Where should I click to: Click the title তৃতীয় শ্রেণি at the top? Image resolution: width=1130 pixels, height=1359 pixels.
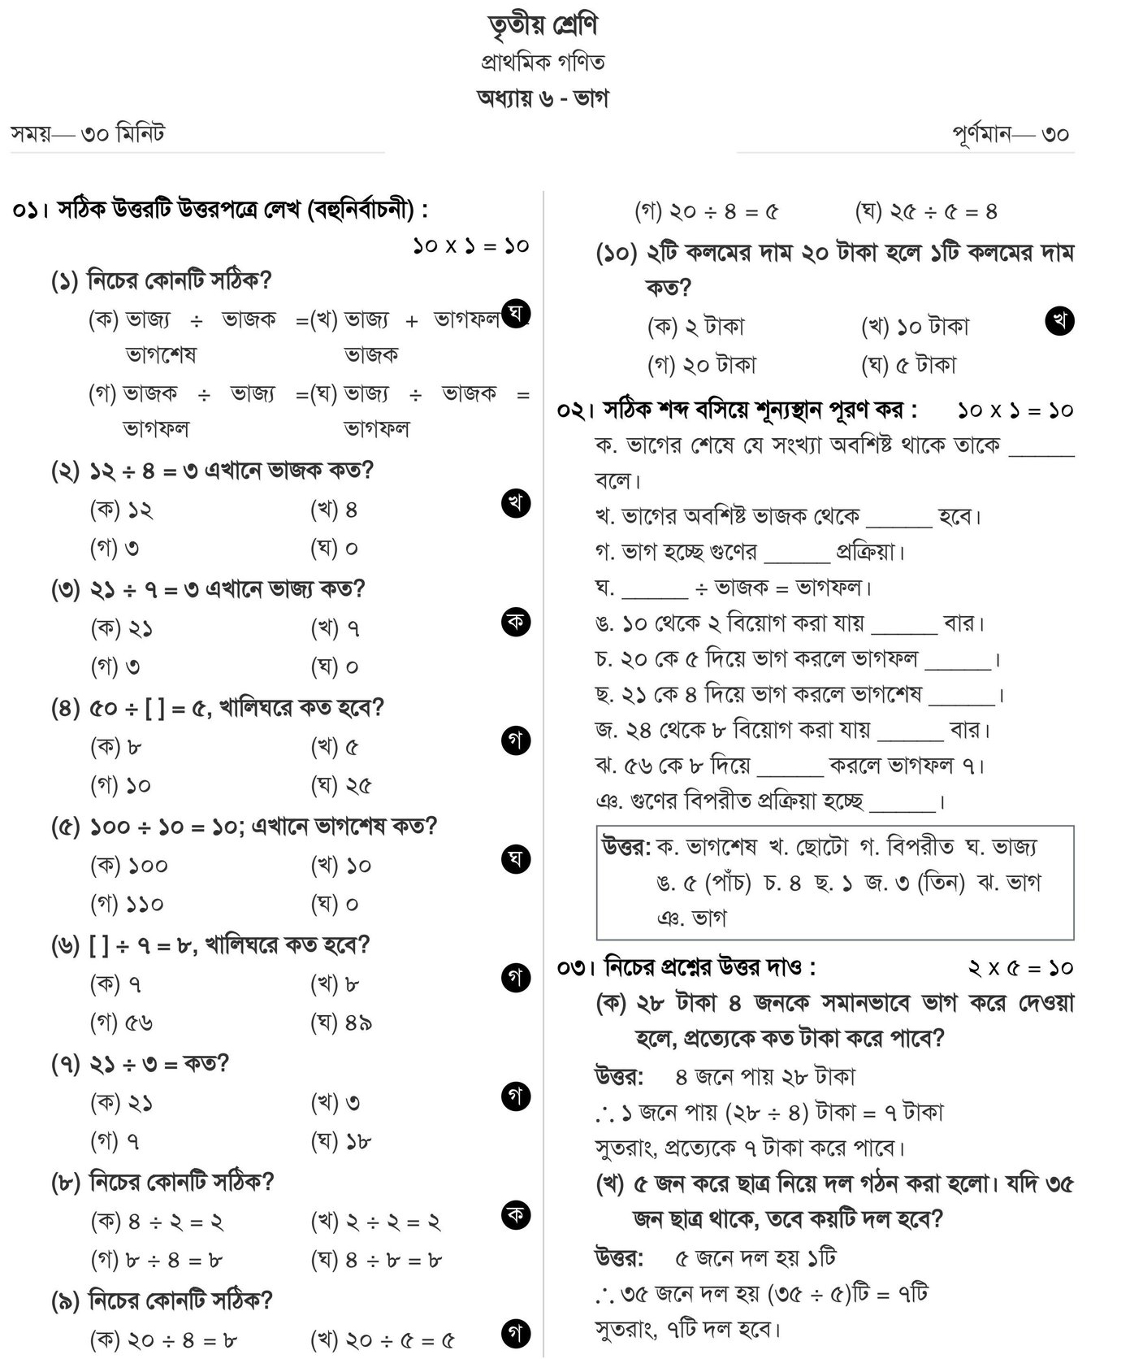point(543,25)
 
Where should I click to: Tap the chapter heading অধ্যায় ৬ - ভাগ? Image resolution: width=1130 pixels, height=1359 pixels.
point(542,98)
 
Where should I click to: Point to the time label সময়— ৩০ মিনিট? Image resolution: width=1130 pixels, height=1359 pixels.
point(88,132)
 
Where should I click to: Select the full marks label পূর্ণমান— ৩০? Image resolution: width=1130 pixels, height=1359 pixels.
point(1011,133)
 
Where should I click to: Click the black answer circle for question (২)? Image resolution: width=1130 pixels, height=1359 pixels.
point(516,503)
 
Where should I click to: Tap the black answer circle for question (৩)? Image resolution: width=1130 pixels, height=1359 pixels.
point(516,622)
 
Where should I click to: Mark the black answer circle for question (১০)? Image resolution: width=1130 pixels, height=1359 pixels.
point(1059,320)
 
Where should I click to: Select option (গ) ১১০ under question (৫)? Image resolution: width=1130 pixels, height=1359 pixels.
point(127,904)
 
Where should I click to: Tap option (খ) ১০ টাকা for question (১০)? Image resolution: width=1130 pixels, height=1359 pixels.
point(915,327)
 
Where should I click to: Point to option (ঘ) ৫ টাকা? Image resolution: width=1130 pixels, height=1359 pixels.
point(908,365)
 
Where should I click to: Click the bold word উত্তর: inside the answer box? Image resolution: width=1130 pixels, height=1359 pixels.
point(626,847)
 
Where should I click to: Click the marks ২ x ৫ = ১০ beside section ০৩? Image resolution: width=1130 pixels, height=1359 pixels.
point(1020,968)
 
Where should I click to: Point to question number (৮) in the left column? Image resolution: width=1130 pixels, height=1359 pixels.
point(65,1182)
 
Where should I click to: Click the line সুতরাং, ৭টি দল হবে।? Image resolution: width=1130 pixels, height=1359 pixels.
point(687,1330)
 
